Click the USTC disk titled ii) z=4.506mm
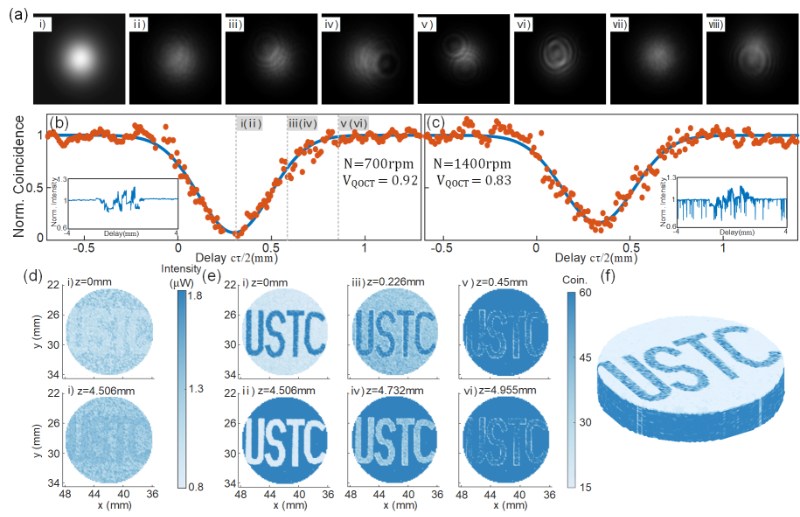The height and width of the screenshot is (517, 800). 293,441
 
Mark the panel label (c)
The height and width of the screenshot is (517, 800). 436,123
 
